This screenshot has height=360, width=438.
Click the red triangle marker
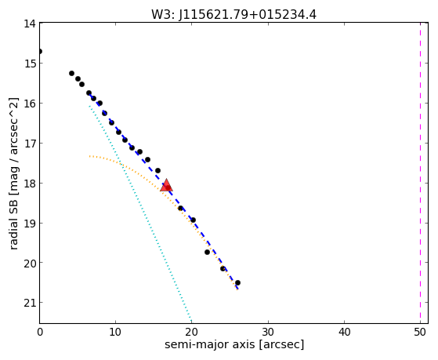(x=166, y=185)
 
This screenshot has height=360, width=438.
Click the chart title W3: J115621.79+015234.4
(x=233, y=15)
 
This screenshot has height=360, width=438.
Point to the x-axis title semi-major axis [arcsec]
(x=234, y=344)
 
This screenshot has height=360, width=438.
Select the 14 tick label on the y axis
(x=30, y=24)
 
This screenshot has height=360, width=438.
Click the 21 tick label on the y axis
(x=30, y=303)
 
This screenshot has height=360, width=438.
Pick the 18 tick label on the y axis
(x=30, y=184)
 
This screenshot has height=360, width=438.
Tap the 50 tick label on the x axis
(x=421, y=333)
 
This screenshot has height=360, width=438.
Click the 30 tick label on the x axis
(x=268, y=333)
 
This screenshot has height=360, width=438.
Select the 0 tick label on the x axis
(x=40, y=333)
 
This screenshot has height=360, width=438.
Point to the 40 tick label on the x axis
(x=344, y=333)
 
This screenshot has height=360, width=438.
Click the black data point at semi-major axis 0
(x=40, y=52)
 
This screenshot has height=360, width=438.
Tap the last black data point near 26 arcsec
(x=237, y=283)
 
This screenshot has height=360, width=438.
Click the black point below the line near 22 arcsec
(x=207, y=253)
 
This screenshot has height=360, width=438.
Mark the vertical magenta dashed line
(x=420, y=173)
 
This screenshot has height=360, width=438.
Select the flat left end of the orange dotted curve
(x=90, y=156)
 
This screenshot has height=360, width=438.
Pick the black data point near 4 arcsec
(x=71, y=73)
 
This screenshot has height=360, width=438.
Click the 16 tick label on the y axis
(x=30, y=104)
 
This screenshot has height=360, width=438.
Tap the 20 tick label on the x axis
(x=192, y=333)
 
